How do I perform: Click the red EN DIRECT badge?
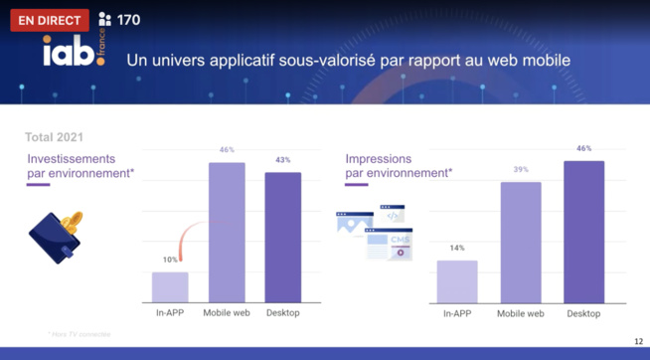[x=49, y=20]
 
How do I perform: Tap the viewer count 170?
[x=128, y=20]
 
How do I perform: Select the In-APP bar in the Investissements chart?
[x=170, y=286]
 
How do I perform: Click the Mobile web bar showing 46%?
[x=227, y=233]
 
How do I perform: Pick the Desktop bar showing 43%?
[x=283, y=238]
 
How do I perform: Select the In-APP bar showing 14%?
[x=457, y=281]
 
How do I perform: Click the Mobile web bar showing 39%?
[x=521, y=243]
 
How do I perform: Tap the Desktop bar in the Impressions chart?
[x=583, y=232]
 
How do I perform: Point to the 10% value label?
[x=170, y=261]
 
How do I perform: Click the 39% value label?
[x=521, y=170]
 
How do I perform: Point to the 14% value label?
[x=457, y=249]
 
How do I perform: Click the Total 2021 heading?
[x=54, y=136]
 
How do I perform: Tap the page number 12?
[x=637, y=342]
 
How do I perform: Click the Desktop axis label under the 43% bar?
[x=283, y=313]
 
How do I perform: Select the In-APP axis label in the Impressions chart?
[x=457, y=314]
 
